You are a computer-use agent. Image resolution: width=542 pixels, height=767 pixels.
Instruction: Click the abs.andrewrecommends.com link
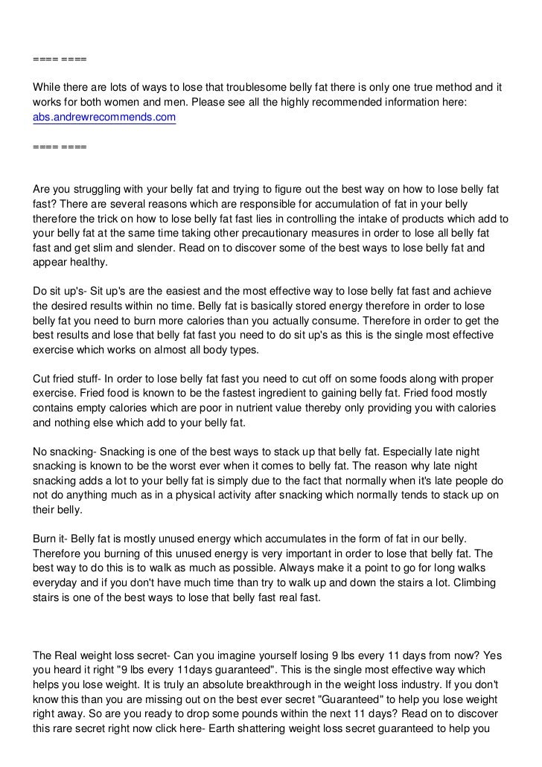[x=103, y=118]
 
